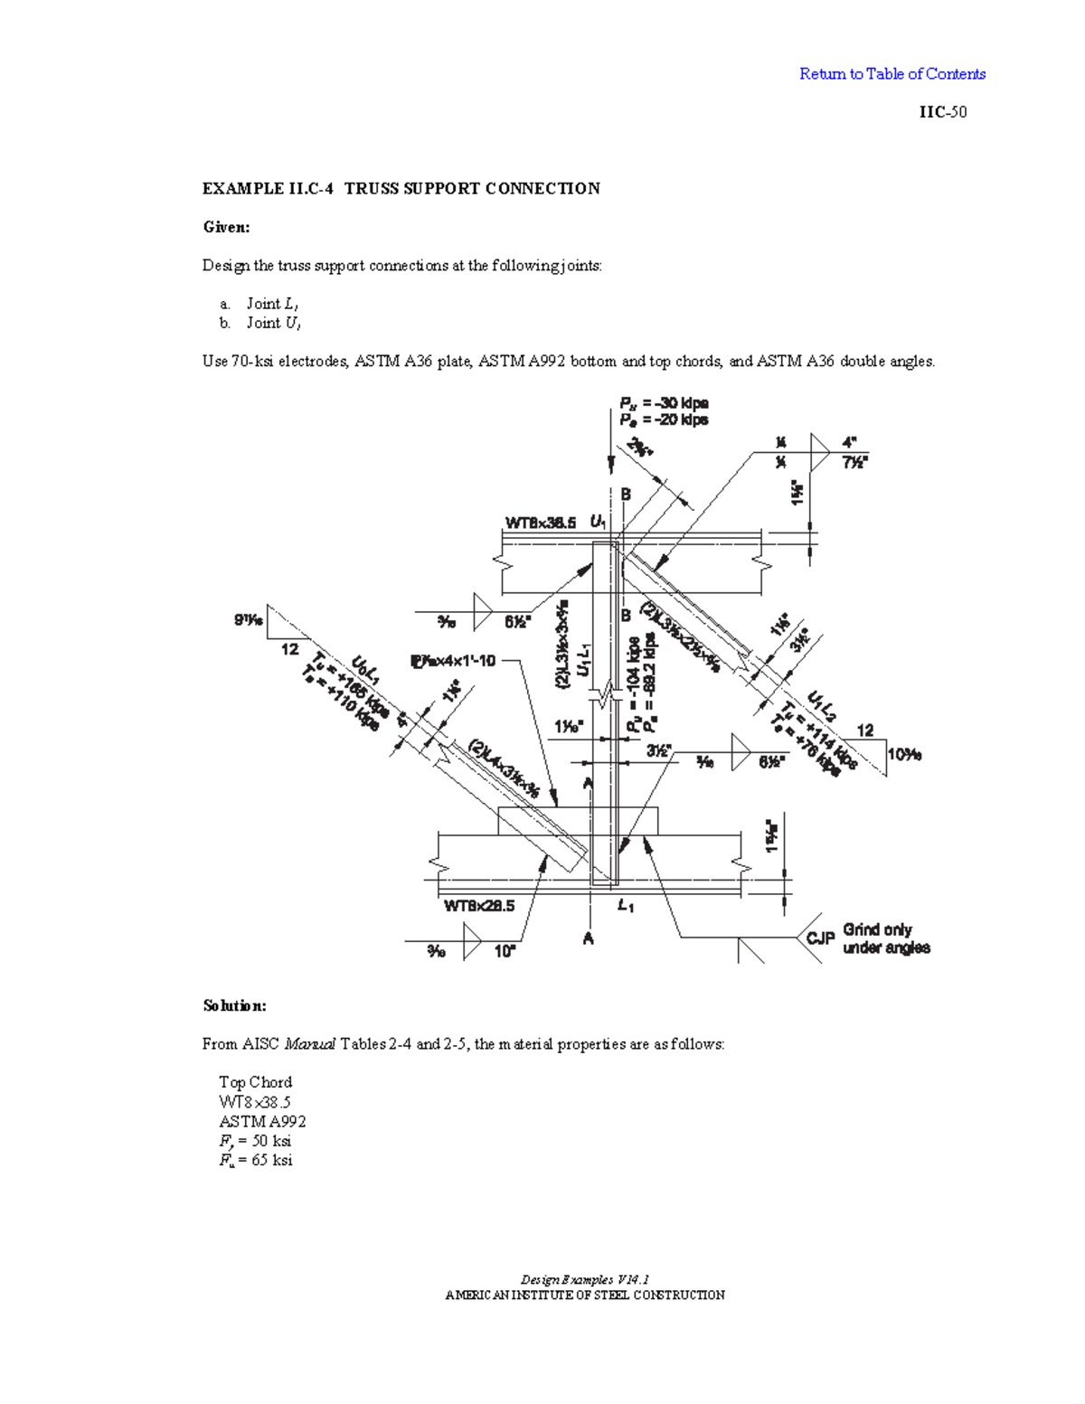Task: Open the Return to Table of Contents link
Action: (x=892, y=74)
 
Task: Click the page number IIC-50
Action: (x=943, y=112)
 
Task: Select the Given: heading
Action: (x=226, y=227)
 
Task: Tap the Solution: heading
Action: (x=234, y=1005)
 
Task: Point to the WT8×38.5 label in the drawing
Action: (x=540, y=523)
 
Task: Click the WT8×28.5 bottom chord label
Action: (x=479, y=906)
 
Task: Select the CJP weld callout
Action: (x=820, y=938)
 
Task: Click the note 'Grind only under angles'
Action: (x=886, y=938)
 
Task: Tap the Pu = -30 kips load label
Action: (x=663, y=403)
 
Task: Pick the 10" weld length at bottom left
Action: (x=505, y=951)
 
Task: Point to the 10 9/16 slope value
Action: (x=904, y=754)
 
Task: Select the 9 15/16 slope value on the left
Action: (x=249, y=620)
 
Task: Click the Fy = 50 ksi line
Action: (x=255, y=1141)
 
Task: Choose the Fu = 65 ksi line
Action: (x=256, y=1160)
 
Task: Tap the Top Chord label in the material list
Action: (x=255, y=1082)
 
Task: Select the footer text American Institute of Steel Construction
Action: (x=585, y=1295)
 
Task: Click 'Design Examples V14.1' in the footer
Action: (x=585, y=1279)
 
